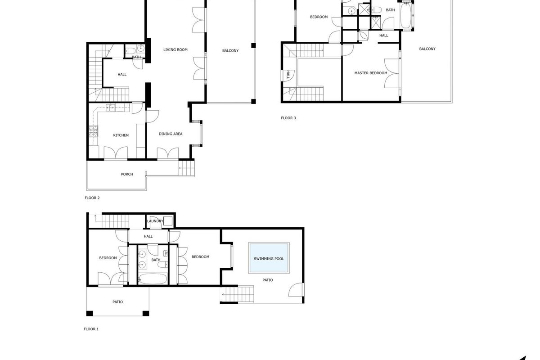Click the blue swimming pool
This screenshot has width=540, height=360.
(x=269, y=258)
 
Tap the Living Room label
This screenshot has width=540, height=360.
(x=175, y=49)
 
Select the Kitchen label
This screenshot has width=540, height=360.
(x=121, y=135)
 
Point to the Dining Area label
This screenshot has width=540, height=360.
(x=171, y=134)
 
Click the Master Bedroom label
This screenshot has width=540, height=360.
(x=370, y=73)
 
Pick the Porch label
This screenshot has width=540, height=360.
(x=127, y=174)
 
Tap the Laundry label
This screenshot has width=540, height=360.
(x=155, y=221)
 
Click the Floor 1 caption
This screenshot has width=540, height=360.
(x=91, y=329)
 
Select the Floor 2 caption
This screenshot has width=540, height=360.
(x=92, y=198)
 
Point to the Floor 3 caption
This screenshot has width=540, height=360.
(x=288, y=118)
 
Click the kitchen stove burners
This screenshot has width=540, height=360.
(x=93, y=131)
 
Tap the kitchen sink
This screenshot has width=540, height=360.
(x=110, y=108)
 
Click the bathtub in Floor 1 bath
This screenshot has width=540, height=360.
(x=153, y=279)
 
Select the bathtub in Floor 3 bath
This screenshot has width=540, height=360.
(x=406, y=15)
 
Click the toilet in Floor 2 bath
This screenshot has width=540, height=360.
(x=130, y=51)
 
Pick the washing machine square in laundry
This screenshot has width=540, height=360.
(x=168, y=221)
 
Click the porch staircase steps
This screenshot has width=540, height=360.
(x=186, y=168)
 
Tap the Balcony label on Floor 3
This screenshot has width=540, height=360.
(x=427, y=49)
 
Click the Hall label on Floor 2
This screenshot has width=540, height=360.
(x=122, y=75)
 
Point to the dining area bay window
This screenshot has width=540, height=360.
(x=201, y=134)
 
